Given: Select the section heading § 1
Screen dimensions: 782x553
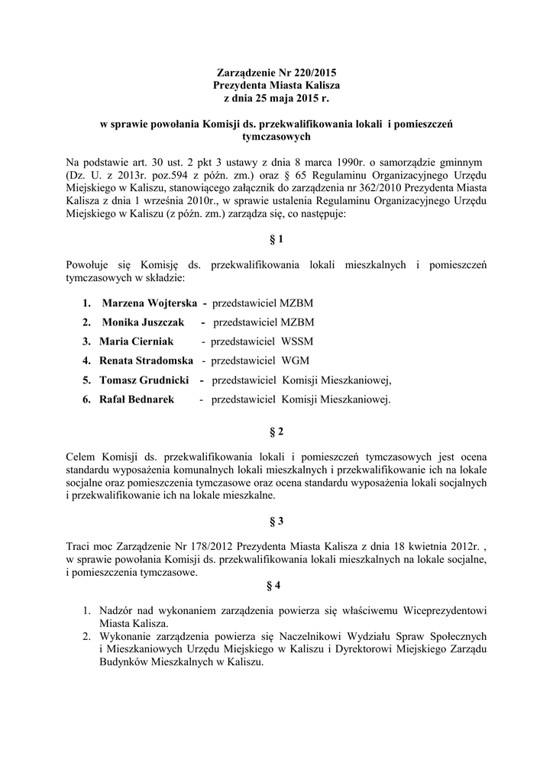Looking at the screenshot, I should click(x=276, y=239).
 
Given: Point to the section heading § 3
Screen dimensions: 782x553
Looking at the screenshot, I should click(x=276, y=522).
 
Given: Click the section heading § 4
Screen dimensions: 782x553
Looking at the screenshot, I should click(x=276, y=586).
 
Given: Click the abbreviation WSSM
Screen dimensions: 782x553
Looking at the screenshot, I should click(x=297, y=341).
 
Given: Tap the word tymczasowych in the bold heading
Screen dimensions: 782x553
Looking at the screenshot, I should click(x=276, y=137).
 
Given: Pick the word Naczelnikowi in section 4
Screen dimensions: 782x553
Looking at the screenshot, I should click(x=334, y=636).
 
